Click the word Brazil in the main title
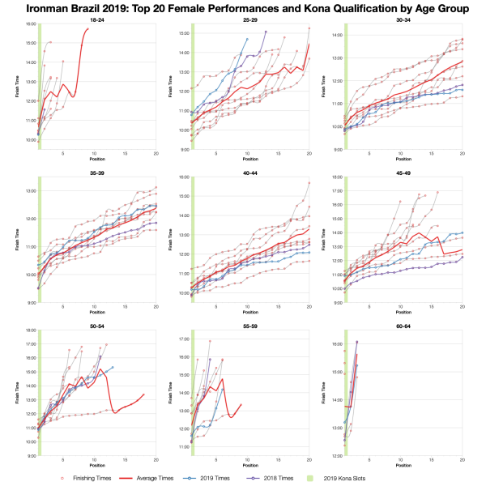pos(95,8)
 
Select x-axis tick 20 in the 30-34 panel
pos(462,153)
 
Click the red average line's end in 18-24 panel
pos(88,29)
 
